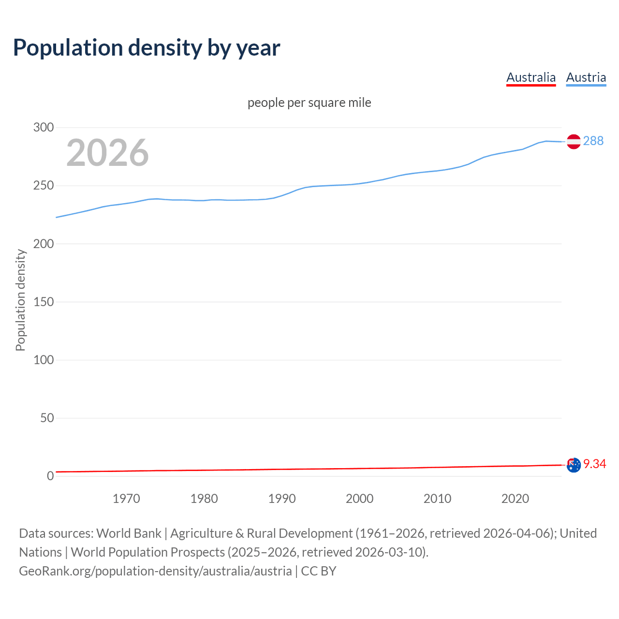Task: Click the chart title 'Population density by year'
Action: tap(147, 47)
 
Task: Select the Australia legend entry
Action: tap(531, 77)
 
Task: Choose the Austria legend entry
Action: tap(586, 77)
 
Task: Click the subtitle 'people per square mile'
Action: tap(309, 103)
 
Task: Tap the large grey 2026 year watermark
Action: tap(107, 153)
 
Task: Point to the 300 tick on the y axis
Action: tap(44, 128)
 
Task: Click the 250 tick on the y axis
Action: tap(44, 186)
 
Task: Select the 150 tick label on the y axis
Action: tap(44, 302)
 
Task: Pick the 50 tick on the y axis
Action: tap(47, 418)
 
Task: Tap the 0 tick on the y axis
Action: tap(50, 476)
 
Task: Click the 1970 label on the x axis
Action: tap(126, 499)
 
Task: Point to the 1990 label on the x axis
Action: tap(282, 499)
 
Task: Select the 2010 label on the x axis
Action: tap(437, 499)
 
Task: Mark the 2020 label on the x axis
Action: tap(515, 499)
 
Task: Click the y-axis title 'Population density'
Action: tap(20, 300)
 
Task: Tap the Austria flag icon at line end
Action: tap(574, 141)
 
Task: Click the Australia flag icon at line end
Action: tap(574, 465)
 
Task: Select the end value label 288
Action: tap(593, 141)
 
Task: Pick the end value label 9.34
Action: tap(594, 464)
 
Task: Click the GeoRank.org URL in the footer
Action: tap(155, 571)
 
